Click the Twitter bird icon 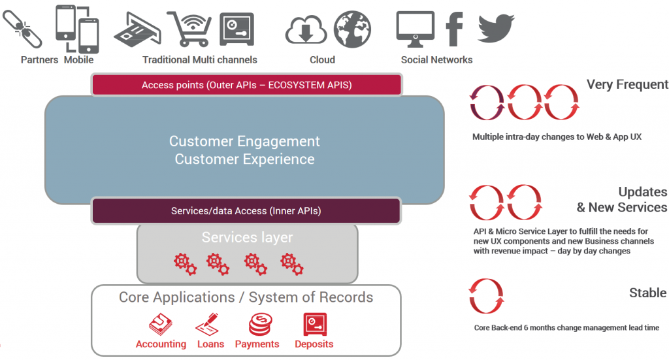(x=496, y=28)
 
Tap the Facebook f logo (x=455, y=29)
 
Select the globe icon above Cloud (x=352, y=29)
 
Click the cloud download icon (x=306, y=30)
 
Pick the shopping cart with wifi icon (x=190, y=29)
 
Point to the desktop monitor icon (x=415, y=29)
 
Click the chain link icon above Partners (x=22, y=29)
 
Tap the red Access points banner (x=246, y=85)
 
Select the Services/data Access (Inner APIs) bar (x=246, y=211)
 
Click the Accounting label (x=161, y=344)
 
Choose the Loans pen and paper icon (x=208, y=324)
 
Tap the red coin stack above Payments (x=260, y=325)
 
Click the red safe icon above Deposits (x=315, y=324)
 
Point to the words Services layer (x=248, y=237)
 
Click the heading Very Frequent (x=627, y=84)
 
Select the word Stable (x=647, y=293)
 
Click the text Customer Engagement (x=244, y=141)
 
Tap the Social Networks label (x=436, y=59)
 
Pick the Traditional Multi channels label (x=200, y=59)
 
